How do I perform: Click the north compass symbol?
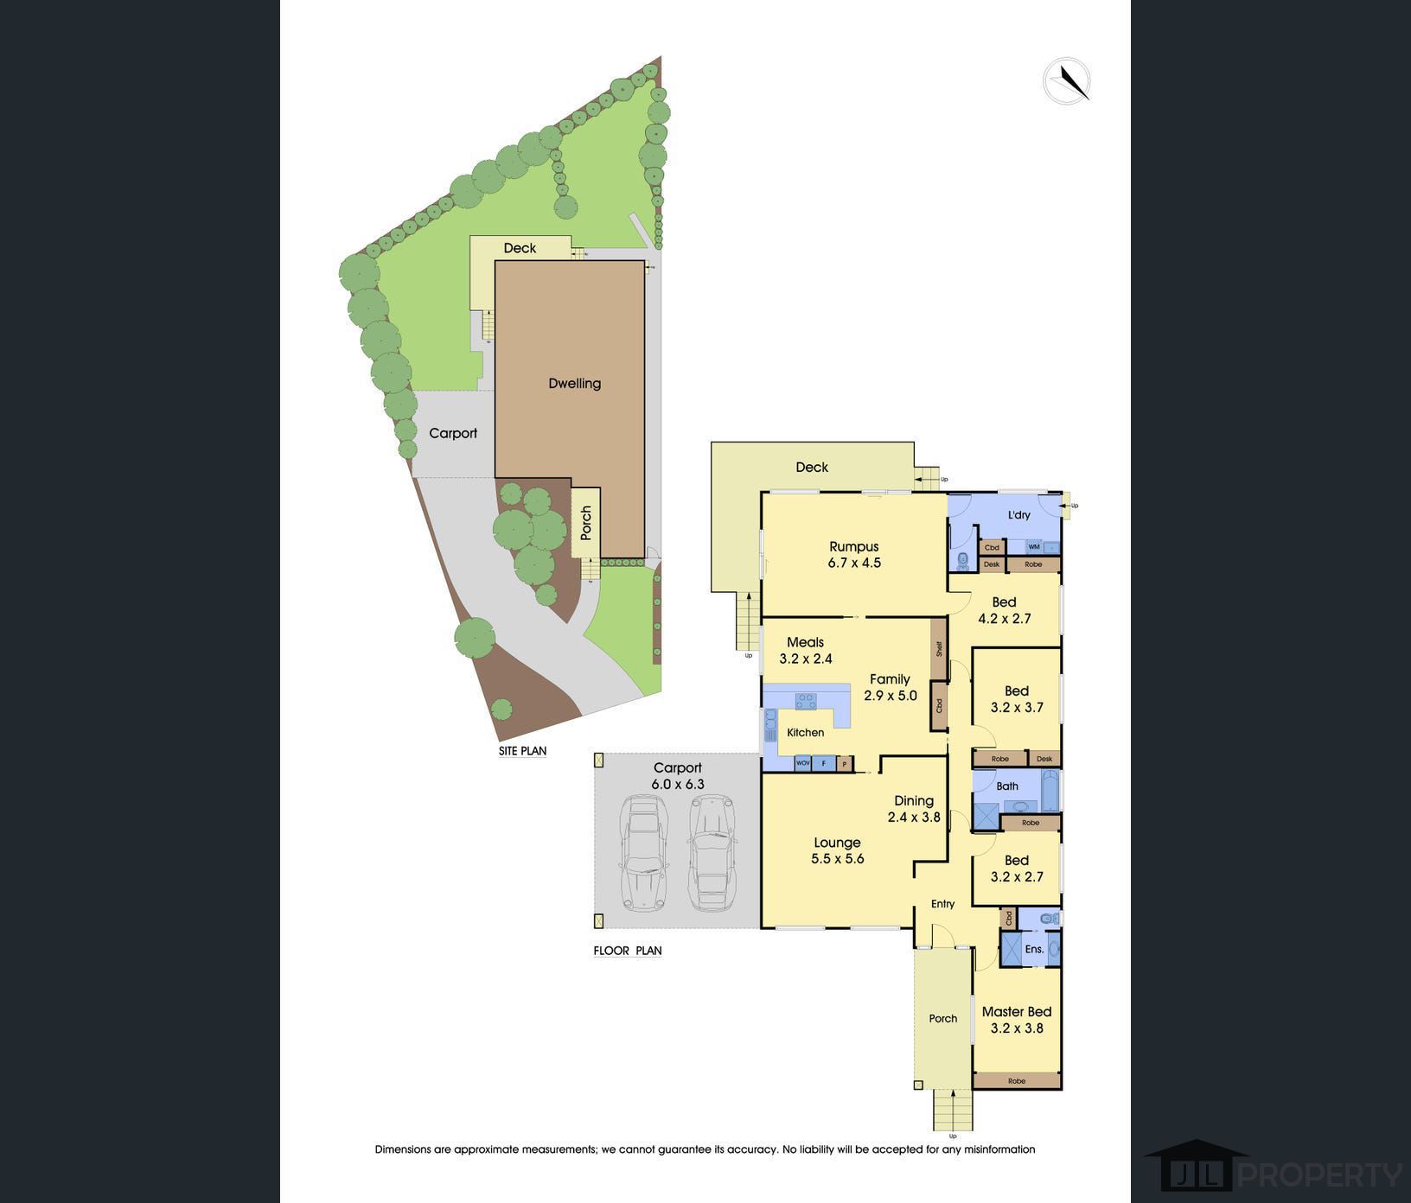pyautogui.click(x=1066, y=81)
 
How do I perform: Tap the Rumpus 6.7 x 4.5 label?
pyautogui.click(x=854, y=555)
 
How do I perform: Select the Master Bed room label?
pyautogui.click(x=1017, y=1019)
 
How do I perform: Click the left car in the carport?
pyautogui.click(x=641, y=853)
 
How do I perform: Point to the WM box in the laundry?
pyautogui.click(x=1034, y=547)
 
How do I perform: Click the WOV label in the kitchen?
pyautogui.click(x=803, y=764)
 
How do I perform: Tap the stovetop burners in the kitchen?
pyautogui.click(x=806, y=701)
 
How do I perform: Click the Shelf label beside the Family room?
pyautogui.click(x=938, y=648)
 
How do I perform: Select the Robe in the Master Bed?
pyautogui.click(x=1017, y=1081)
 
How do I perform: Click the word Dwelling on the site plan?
pyautogui.click(x=574, y=384)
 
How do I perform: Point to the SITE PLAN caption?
pyautogui.click(x=522, y=751)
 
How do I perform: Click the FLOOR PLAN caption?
pyautogui.click(x=628, y=951)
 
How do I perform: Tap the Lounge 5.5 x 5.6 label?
pyautogui.click(x=837, y=850)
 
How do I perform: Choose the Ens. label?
pyautogui.click(x=1034, y=949)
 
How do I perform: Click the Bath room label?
pyautogui.click(x=1007, y=786)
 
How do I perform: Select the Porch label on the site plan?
pyautogui.click(x=586, y=524)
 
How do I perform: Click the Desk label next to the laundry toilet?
pyautogui.click(x=992, y=564)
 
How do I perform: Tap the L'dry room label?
pyautogui.click(x=1019, y=515)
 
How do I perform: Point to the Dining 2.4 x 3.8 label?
pyautogui.click(x=914, y=808)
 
